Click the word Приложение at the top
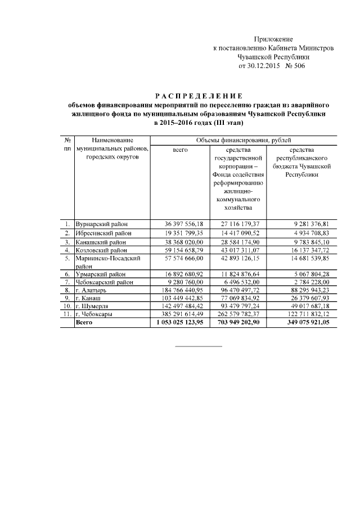pos(273,39)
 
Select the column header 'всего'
pos(181,150)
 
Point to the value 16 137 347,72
pos(306,250)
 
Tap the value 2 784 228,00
pos(308,282)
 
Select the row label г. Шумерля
pos(96,306)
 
